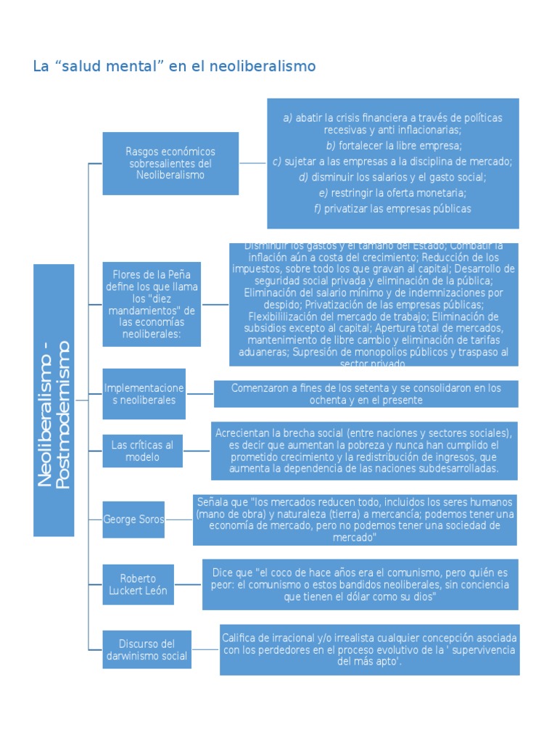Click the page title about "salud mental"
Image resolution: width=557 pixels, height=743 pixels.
click(174, 67)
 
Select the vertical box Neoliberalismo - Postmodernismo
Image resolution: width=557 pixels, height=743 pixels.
click(54, 400)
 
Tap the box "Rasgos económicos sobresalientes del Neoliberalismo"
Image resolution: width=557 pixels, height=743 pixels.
click(170, 163)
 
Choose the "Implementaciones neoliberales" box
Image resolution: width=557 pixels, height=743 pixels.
click(144, 394)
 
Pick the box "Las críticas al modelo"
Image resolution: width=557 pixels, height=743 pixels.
click(142, 451)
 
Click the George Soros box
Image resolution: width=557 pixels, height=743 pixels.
click(133, 520)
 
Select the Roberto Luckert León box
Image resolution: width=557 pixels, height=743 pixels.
click(138, 584)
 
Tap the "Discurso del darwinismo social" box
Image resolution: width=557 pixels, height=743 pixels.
click(147, 649)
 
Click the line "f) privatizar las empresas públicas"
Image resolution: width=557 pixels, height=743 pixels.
click(392, 209)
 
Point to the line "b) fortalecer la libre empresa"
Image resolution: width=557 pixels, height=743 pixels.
click(392, 146)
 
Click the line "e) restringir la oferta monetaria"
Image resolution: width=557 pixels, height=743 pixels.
click(392, 193)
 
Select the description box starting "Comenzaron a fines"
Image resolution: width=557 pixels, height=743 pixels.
click(366, 394)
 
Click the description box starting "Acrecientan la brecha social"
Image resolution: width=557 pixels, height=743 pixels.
click(364, 451)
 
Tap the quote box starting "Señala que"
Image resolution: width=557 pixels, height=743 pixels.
click(355, 520)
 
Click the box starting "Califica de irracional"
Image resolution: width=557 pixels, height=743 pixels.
click(369, 649)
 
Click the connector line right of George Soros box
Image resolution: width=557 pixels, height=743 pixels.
click(178, 520)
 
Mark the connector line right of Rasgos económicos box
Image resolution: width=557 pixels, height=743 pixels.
click(252, 163)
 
